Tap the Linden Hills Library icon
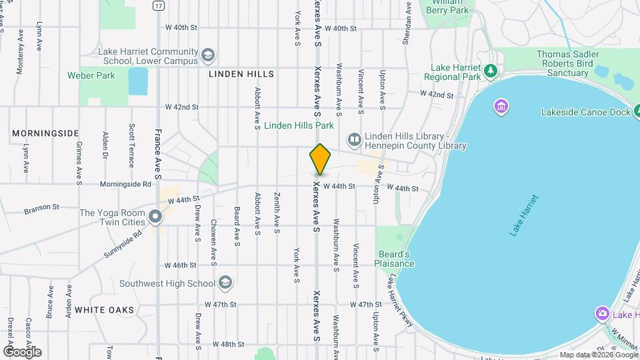[354, 139]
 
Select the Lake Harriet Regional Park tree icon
[491, 69]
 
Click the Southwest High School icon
[225, 283]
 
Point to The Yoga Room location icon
[155, 217]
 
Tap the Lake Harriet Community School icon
[208, 55]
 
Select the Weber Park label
[91, 75]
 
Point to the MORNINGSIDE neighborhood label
[45, 133]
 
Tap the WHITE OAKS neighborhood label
[104, 310]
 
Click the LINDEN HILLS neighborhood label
[241, 74]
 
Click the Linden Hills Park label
[299, 125]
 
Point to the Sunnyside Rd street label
[123, 244]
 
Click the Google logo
[22, 351]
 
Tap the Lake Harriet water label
[524, 215]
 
